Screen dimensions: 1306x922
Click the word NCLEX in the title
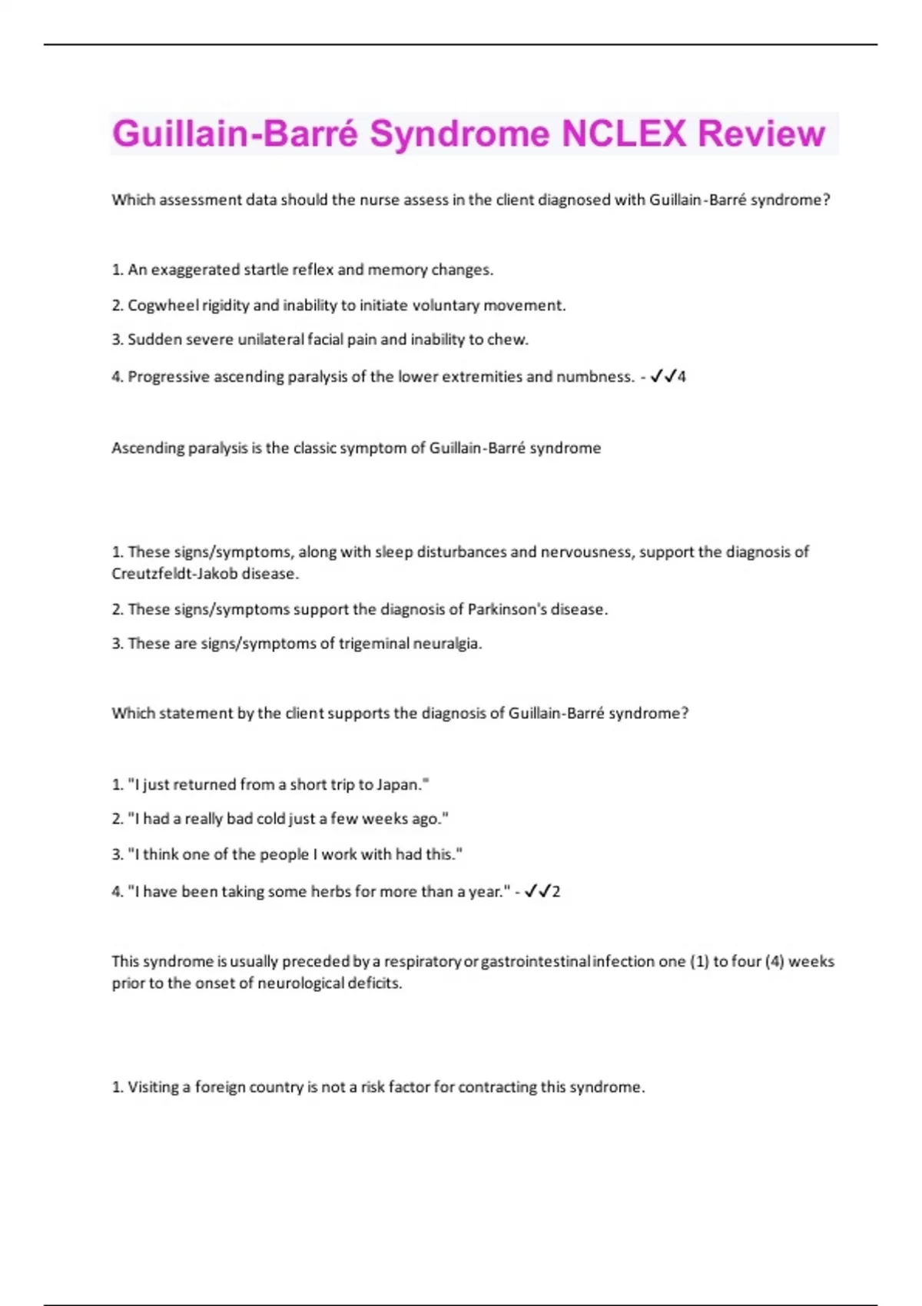click(623, 134)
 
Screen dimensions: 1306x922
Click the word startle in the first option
click(265, 270)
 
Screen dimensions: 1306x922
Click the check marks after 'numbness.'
click(663, 376)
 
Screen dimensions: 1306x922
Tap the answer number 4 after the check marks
click(682, 376)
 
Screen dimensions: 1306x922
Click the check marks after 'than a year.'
click(537, 891)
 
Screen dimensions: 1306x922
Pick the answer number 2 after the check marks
click(556, 891)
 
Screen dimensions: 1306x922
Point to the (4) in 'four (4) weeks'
click(774, 961)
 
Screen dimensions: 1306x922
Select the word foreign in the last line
click(220, 1087)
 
